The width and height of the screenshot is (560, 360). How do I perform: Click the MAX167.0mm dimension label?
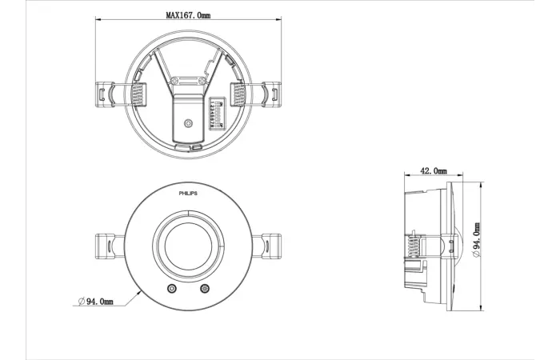pyautogui.click(x=189, y=15)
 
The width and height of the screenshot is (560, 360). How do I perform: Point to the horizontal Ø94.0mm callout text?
pyautogui.click(x=95, y=301)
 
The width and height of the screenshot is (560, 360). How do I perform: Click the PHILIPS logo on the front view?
pyautogui.click(x=189, y=194)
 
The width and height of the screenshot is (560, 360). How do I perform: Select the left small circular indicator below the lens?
pyautogui.click(x=170, y=289)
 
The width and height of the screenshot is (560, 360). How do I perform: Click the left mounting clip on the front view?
pyautogui.click(x=107, y=246)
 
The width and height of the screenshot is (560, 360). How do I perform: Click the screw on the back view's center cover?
pyautogui.click(x=189, y=123)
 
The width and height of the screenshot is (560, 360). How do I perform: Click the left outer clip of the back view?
pyautogui.click(x=106, y=94)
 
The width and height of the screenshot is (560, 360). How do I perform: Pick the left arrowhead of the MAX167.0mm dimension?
pyautogui.click(x=98, y=22)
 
